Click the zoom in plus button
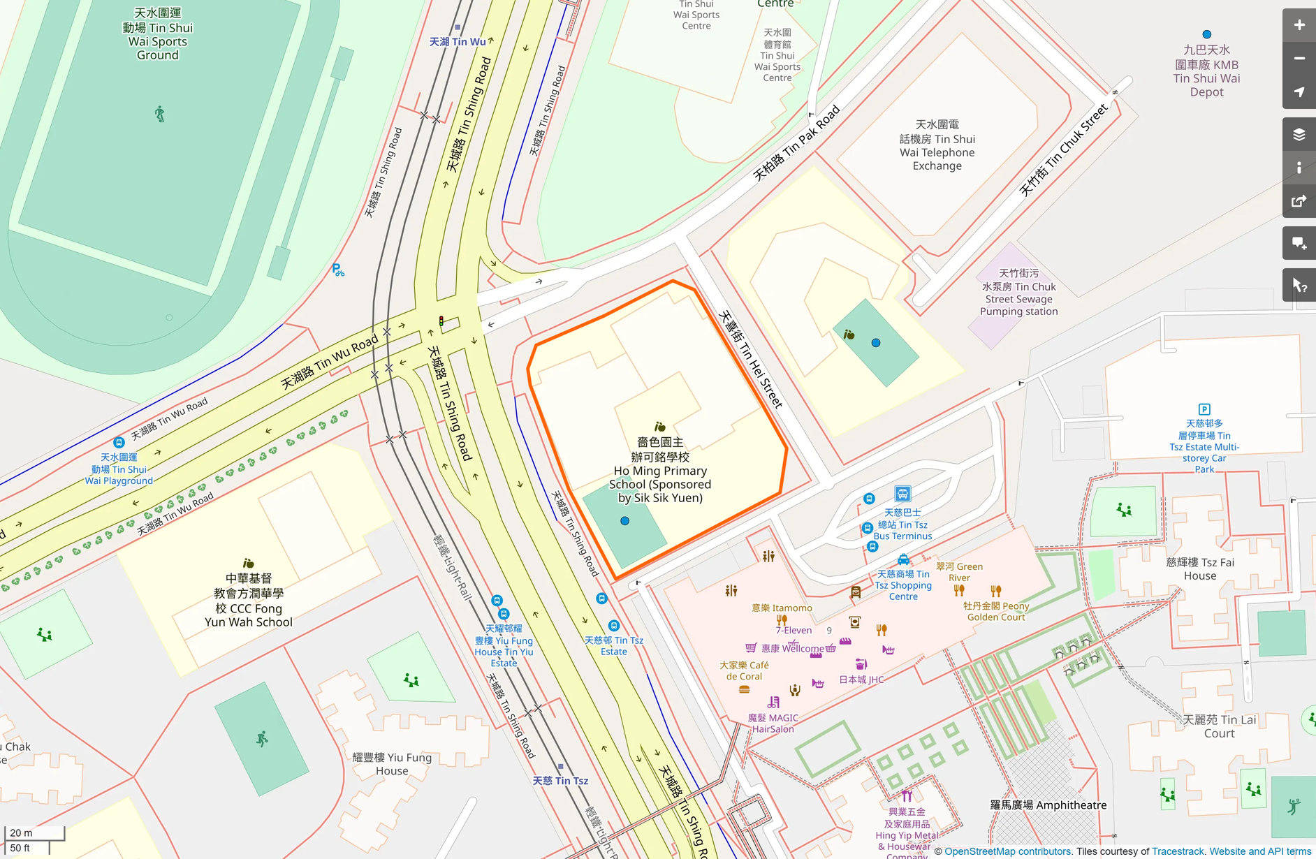pyautogui.click(x=1299, y=25)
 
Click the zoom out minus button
pyautogui.click(x=1299, y=59)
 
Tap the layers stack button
pyautogui.click(x=1299, y=135)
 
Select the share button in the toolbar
pyautogui.click(x=1299, y=202)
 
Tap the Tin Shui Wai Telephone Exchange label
pyautogui.click(x=937, y=145)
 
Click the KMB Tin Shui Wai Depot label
pyautogui.click(x=1206, y=71)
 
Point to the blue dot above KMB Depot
pyautogui.click(x=1206, y=34)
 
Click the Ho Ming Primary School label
pyautogui.click(x=659, y=470)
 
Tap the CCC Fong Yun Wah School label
pyautogui.click(x=248, y=600)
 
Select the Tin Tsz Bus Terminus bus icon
pyautogui.click(x=902, y=494)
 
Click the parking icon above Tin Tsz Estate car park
pyautogui.click(x=1204, y=409)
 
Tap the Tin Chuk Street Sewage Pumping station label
pyautogui.click(x=1018, y=293)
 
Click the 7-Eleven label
pyautogui.click(x=794, y=631)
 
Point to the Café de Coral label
pyautogui.click(x=744, y=670)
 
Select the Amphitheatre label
pyautogui.click(x=1048, y=805)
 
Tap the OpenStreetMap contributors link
pyautogui.click(x=1007, y=851)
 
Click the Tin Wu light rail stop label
pyautogui.click(x=458, y=42)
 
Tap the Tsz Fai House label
pyautogui.click(x=1199, y=569)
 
